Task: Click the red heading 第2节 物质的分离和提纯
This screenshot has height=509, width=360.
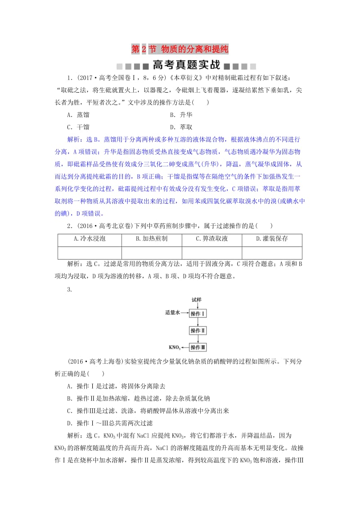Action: coord(180,49)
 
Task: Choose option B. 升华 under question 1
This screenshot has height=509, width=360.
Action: coord(181,115)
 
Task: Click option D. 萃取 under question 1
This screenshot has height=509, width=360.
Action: coord(181,127)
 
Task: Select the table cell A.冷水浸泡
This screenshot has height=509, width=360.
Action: coord(90,239)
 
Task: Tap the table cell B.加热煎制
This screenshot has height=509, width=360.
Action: coord(152,239)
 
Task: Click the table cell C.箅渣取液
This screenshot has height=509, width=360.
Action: coord(211,239)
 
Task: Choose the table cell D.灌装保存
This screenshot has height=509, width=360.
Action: coord(272,239)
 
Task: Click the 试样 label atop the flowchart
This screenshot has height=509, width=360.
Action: coord(197,300)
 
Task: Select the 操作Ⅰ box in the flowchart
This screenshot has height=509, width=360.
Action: coord(198,313)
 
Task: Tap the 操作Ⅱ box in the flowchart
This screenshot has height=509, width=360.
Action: coord(198,330)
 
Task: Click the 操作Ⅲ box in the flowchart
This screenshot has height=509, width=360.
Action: coord(198,347)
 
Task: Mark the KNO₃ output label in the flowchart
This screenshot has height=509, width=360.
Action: coord(175,348)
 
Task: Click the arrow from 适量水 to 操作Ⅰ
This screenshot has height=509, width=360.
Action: coord(184,313)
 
